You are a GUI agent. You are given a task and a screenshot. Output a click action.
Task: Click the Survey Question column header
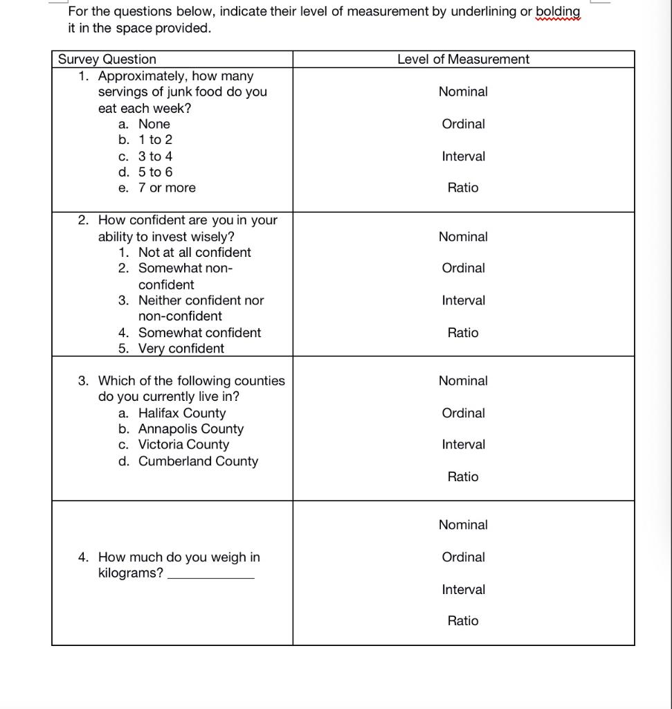[x=107, y=60]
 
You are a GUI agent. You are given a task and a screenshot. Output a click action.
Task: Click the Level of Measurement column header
[x=463, y=60]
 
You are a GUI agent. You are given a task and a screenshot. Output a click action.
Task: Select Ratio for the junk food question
[x=463, y=188]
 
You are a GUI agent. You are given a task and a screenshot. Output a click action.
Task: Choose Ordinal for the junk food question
[x=463, y=124]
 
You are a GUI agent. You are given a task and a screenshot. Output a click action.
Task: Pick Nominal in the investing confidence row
[x=463, y=237]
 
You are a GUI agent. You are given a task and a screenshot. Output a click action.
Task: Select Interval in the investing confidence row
[x=463, y=300]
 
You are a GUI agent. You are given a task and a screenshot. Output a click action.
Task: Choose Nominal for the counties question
[x=463, y=381]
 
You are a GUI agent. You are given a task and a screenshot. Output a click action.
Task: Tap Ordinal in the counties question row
[x=463, y=413]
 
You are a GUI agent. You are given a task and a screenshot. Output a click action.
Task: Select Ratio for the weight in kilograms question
[x=463, y=621]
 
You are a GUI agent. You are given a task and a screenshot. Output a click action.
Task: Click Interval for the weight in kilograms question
[x=463, y=590]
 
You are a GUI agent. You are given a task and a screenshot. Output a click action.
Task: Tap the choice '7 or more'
[x=167, y=188]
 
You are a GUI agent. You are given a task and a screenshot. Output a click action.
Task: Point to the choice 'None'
[x=154, y=124]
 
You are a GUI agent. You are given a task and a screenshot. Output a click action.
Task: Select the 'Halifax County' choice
[x=182, y=413]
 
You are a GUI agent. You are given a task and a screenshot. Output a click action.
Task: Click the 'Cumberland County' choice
[x=198, y=461]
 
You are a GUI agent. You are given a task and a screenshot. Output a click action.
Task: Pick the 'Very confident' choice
[x=181, y=349]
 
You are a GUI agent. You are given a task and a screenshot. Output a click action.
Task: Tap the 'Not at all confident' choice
[x=194, y=253]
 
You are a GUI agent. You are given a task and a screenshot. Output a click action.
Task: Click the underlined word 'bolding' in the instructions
[x=558, y=12]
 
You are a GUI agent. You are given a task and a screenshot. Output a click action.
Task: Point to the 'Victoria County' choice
[x=183, y=445]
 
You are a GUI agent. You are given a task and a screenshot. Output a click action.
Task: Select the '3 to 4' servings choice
[x=155, y=156]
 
